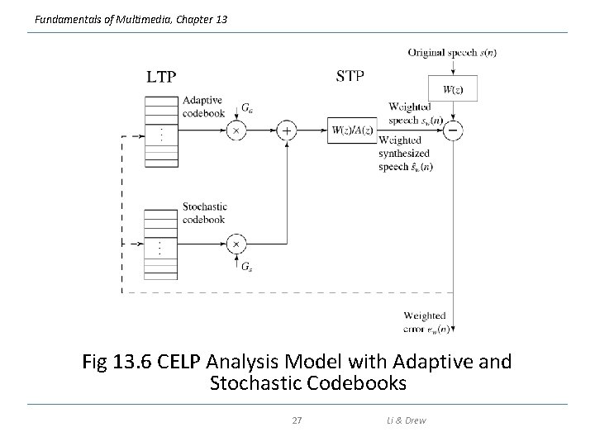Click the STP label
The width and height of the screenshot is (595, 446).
coord(350,77)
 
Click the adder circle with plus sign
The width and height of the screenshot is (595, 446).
coord(287,130)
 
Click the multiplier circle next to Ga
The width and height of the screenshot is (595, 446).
coord(236,130)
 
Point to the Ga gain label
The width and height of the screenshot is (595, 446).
coord(247,107)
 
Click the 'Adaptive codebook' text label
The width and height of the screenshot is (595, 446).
coord(203,107)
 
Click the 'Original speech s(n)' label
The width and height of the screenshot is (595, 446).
coord(452,53)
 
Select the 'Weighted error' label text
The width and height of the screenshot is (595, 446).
coord(425,316)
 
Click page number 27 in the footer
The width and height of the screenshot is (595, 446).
coord(297,420)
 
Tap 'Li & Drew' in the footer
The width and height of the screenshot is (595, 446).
coord(405,420)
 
